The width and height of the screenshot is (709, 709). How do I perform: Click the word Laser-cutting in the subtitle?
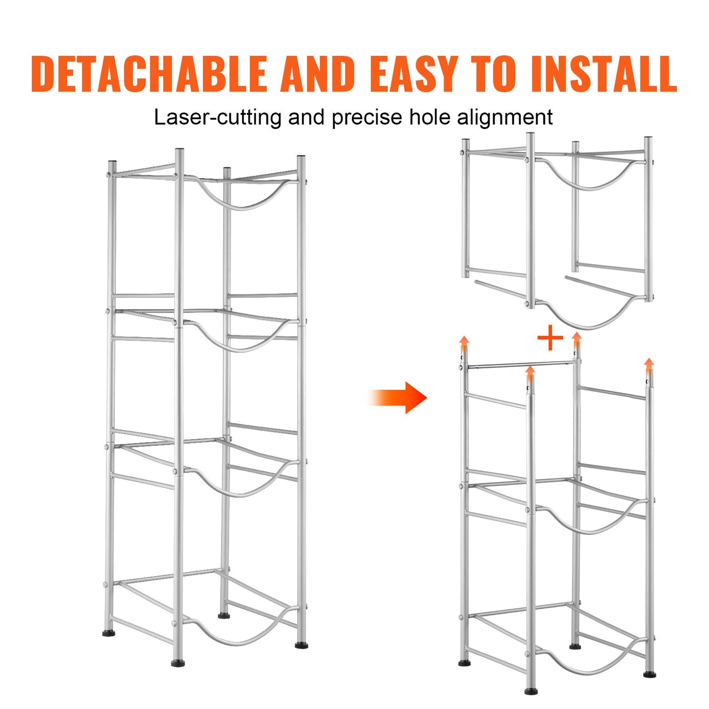(217, 118)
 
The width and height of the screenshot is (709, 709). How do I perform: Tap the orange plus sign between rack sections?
(550, 339)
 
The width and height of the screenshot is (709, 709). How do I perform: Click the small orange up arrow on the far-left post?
(464, 343)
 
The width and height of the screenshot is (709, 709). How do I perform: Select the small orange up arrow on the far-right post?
(649, 365)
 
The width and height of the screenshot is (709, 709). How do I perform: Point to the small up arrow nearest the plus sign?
(577, 339)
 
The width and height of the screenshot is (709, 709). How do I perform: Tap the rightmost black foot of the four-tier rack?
(302, 645)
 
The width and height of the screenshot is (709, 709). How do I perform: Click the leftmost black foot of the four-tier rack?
(109, 633)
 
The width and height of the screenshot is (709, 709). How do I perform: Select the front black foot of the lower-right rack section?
(530, 691)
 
